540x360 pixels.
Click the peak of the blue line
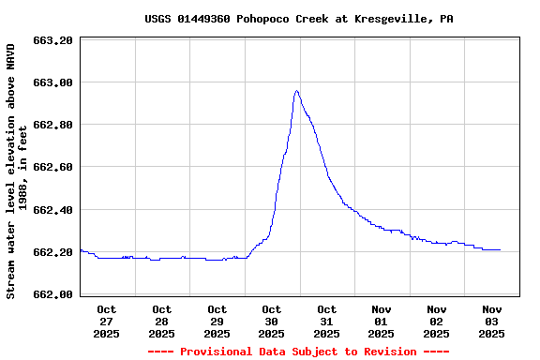(x=296, y=91)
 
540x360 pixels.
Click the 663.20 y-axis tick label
(x=52, y=40)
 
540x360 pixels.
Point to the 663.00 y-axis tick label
(x=52, y=82)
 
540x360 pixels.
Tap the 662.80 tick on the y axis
(x=52, y=125)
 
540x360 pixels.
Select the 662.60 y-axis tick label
(x=52, y=167)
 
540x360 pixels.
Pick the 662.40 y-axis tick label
(x=52, y=209)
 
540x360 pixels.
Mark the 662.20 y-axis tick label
(x=52, y=252)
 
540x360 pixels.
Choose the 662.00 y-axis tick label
(x=52, y=294)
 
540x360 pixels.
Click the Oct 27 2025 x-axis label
(x=106, y=321)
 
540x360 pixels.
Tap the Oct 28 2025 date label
(x=161, y=321)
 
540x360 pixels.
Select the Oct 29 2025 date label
(x=217, y=321)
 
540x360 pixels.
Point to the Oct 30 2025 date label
(x=271, y=321)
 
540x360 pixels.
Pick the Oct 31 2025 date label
(x=326, y=321)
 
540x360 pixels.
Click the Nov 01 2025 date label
(x=382, y=321)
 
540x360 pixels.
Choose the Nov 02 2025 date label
(x=436, y=321)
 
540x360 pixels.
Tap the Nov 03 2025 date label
(x=491, y=321)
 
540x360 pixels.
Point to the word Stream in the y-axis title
(x=11, y=279)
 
